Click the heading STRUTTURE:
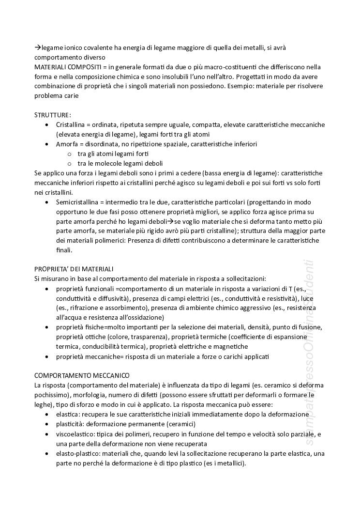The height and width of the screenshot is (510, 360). click(52, 115)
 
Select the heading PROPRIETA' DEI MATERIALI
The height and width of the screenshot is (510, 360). click(74, 269)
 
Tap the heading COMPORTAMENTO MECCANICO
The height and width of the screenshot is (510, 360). click(82, 375)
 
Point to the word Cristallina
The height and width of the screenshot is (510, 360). click(72, 124)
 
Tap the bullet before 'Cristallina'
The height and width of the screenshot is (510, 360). click(46, 125)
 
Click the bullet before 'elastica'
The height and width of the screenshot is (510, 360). click(46, 415)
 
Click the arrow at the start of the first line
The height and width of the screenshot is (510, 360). click(37, 47)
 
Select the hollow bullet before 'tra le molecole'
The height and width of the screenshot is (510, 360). click(70, 164)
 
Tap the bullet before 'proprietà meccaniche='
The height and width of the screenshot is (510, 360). click(46, 356)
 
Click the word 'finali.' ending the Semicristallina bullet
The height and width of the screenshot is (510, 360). click(64, 250)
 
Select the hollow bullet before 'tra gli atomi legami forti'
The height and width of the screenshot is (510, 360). click(70, 154)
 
